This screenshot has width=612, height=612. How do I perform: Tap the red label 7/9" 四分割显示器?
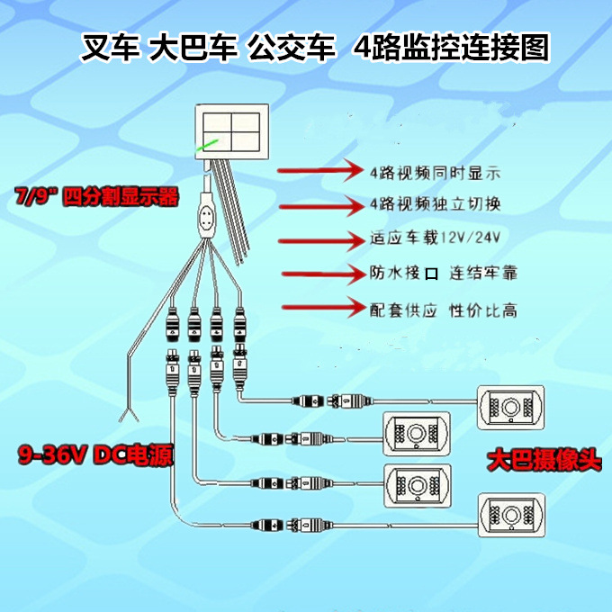(96, 197)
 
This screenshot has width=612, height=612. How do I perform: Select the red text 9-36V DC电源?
(94, 456)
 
